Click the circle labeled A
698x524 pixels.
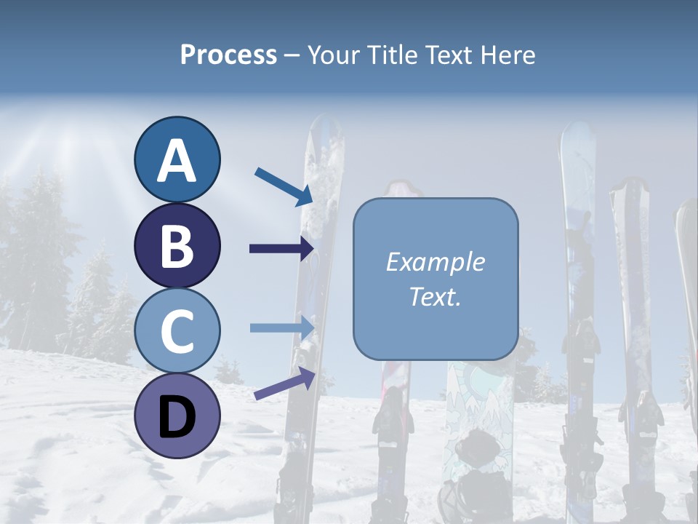177,159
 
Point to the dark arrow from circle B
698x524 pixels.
281,249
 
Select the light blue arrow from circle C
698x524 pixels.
281,327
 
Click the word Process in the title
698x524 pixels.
228,55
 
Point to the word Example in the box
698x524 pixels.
435,262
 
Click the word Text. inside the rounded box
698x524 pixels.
435,296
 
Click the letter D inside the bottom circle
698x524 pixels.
177,417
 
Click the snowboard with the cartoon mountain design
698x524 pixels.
473,408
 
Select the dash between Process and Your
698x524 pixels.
292,56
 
